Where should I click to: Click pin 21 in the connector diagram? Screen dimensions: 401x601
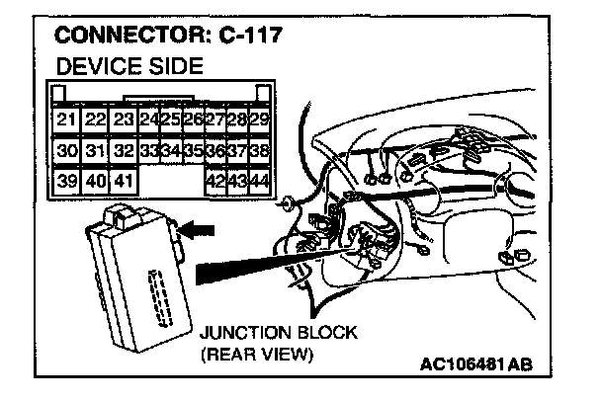[x=66, y=120]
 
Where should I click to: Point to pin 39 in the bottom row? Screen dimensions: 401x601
[x=66, y=182]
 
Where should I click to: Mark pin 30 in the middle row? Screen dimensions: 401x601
[x=66, y=151]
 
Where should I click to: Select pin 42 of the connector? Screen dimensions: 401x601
[x=215, y=182]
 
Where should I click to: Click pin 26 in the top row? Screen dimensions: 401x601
[x=193, y=120]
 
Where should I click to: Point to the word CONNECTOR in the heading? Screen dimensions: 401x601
[x=129, y=38]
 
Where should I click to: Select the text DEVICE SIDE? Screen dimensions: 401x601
[x=129, y=68]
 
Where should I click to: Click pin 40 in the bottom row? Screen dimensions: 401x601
[x=95, y=182]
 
